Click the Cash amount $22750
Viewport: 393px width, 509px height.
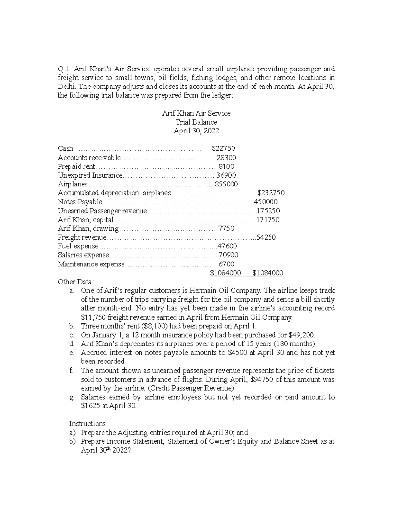tap(223, 148)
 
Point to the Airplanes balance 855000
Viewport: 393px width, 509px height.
tap(226, 184)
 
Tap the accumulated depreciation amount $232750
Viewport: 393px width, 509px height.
tap(271, 193)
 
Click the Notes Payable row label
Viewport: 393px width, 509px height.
tap(80, 202)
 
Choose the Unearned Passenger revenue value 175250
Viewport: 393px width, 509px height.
tap(268, 211)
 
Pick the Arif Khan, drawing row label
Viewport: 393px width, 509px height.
tap(88, 228)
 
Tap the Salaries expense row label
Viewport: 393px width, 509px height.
tap(83, 255)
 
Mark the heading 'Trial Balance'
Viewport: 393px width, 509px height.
tap(196, 122)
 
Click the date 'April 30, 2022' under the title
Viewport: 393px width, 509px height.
tap(196, 131)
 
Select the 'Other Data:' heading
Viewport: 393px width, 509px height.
tap(76, 282)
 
